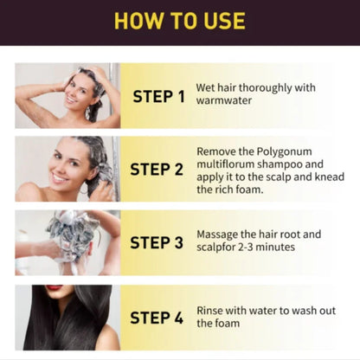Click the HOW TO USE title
pyautogui.click(x=180, y=20)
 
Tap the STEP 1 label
pyautogui.click(x=158, y=96)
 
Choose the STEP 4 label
pyautogui.click(x=158, y=318)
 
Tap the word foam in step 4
pyautogui.click(x=228, y=324)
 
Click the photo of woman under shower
pyautogui.click(x=67, y=95)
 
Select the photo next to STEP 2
pyautogui.click(x=67, y=169)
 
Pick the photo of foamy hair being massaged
pyautogui.click(x=67, y=242)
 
